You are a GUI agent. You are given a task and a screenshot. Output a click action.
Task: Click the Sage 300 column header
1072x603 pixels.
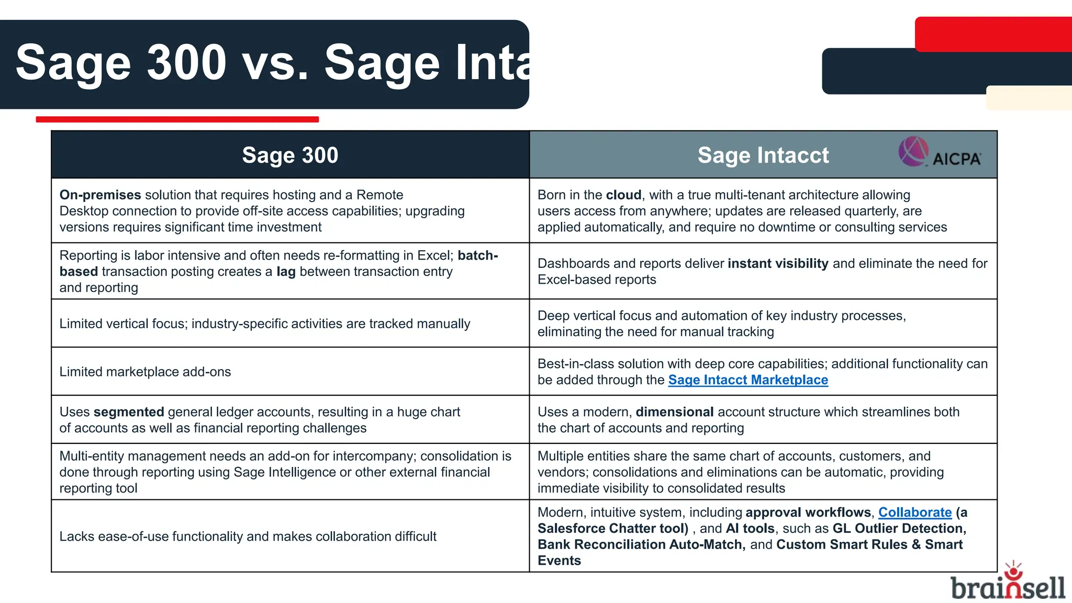290,155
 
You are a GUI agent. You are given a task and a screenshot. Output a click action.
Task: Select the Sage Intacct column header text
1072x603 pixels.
763,155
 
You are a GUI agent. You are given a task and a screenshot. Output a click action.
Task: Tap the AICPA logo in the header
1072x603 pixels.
940,153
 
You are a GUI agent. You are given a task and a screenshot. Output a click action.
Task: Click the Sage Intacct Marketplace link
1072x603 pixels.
748,380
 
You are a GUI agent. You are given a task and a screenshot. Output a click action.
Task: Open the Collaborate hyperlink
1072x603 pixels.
914,512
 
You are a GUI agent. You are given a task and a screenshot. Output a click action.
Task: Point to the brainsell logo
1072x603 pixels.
1008,583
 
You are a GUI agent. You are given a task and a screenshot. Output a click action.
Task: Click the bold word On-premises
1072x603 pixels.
100,195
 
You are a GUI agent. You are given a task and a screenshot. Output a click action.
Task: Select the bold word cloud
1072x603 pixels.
623,195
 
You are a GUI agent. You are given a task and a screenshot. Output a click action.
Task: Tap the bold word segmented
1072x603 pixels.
129,412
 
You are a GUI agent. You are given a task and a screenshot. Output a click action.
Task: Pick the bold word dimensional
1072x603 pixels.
674,412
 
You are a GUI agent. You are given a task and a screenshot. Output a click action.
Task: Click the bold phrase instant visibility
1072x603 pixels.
778,264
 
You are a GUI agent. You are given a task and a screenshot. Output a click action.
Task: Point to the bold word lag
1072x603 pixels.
286,272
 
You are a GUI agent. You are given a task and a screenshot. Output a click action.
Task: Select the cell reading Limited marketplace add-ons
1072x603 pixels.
145,372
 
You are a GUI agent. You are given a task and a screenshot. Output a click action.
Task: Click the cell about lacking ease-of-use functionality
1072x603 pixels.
248,537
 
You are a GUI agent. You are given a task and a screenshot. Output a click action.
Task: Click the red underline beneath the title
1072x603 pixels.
177,119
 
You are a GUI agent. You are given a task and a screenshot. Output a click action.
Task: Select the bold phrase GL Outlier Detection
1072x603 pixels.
899,529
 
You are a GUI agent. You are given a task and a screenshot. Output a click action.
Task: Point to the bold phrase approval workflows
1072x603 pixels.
808,512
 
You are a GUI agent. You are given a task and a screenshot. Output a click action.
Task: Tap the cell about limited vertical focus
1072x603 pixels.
264,324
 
